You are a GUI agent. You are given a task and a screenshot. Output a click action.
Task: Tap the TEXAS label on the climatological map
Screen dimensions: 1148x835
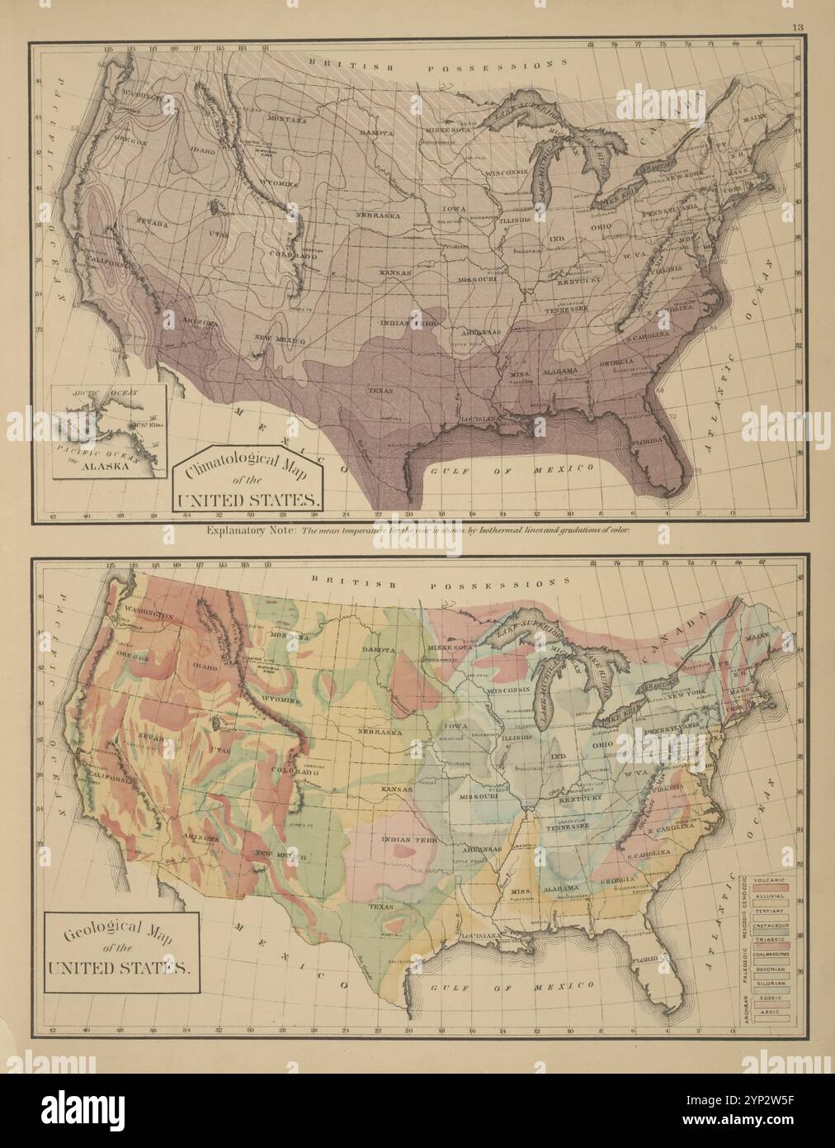380,390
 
